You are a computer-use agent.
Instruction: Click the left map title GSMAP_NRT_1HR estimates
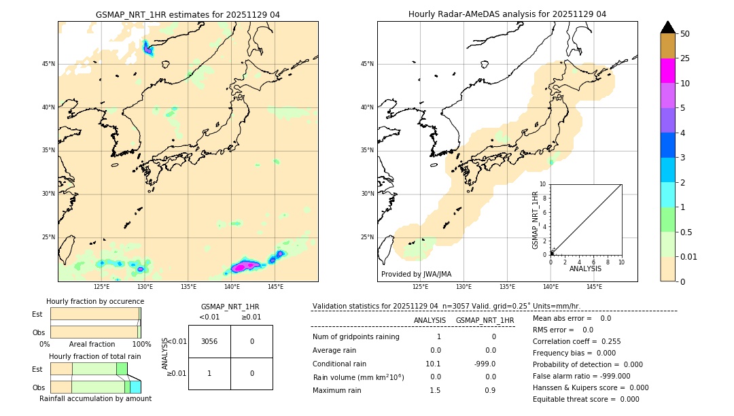(188, 14)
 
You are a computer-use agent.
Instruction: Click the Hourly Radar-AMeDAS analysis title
(507, 14)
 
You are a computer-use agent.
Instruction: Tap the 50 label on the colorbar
(685, 34)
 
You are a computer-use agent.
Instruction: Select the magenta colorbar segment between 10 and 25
(667, 71)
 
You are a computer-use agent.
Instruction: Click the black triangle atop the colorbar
(667, 27)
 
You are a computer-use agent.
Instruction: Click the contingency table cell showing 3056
(209, 341)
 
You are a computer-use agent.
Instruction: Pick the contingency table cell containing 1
(209, 373)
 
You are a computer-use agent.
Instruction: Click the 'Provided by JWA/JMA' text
(416, 274)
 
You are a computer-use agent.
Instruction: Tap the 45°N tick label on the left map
(48, 64)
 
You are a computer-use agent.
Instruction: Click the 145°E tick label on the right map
(594, 287)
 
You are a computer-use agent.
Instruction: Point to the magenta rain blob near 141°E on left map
(243, 266)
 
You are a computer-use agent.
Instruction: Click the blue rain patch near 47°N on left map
(147, 48)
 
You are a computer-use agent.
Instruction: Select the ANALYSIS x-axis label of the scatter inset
(585, 268)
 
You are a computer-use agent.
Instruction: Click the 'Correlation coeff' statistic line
(576, 342)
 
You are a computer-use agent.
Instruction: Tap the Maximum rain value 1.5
(435, 390)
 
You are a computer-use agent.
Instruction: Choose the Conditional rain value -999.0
(485, 364)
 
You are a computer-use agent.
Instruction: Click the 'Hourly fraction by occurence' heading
(95, 301)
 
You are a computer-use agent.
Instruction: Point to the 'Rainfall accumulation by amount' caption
(95, 398)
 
